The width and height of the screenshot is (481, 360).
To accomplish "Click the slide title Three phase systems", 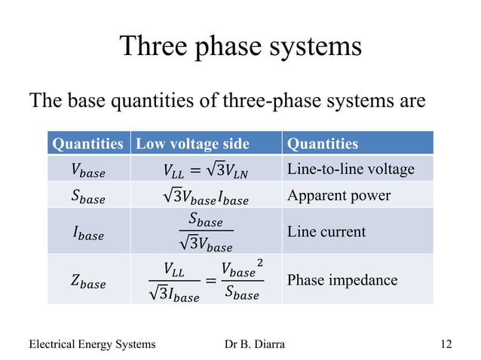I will (x=240, y=46).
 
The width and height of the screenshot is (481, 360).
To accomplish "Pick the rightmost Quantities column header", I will (x=323, y=143).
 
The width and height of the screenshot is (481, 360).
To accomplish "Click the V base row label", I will (x=88, y=170).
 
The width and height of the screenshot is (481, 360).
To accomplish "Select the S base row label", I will (x=88, y=197).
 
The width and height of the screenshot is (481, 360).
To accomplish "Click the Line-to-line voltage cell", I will (x=351, y=169).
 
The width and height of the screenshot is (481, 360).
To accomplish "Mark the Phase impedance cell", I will (x=342, y=280).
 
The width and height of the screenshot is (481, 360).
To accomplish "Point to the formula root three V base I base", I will (x=205, y=198).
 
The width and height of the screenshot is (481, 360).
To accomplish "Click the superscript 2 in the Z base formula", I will (x=260, y=263).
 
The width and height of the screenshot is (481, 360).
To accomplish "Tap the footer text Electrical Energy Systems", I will (x=92, y=344).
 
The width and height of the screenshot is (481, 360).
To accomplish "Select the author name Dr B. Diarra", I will (x=255, y=344).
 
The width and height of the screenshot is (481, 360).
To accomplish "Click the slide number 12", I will (x=446, y=344).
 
